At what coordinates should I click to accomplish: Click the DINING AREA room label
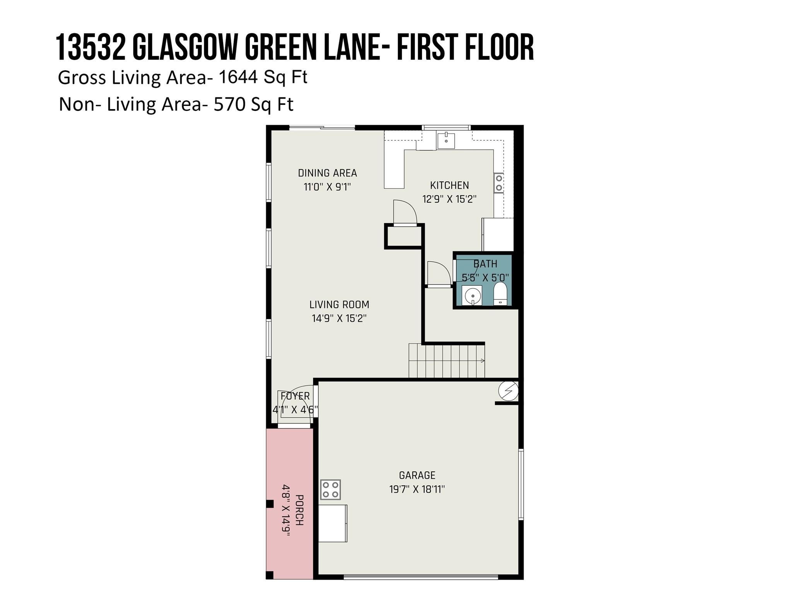[327, 173]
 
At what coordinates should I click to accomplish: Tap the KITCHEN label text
[449, 185]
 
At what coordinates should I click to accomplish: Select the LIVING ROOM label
[339, 304]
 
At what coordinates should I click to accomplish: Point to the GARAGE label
[417, 475]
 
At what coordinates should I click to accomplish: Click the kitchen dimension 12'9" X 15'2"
[449, 199]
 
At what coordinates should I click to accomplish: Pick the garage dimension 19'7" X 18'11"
[417, 489]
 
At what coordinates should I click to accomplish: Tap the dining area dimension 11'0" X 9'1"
[327, 187]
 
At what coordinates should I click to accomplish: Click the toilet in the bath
[500, 294]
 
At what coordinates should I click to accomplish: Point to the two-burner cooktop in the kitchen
[499, 183]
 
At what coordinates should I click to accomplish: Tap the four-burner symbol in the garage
[330, 489]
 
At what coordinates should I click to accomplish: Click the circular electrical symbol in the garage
[508, 391]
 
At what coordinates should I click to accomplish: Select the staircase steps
[447, 360]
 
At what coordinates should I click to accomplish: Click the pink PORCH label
[299, 510]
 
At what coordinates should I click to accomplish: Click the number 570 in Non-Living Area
[230, 104]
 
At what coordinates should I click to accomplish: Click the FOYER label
[295, 396]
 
